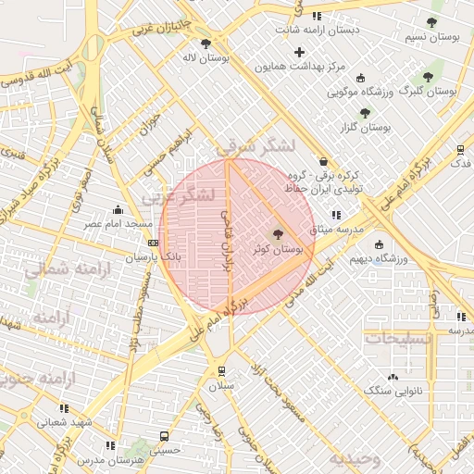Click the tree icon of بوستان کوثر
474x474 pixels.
pos(278,235)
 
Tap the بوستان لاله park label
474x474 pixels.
pos(206,56)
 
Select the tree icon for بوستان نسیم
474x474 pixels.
pos(431,22)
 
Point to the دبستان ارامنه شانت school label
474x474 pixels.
pos(321,29)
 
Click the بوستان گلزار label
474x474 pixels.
pos(364,125)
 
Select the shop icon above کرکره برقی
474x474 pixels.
pos(322,161)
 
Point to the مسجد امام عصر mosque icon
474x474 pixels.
pos(118,210)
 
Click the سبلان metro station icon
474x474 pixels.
pos(221,370)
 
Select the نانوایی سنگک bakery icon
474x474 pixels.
pos(393,377)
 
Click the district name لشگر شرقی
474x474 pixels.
pos(256,147)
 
